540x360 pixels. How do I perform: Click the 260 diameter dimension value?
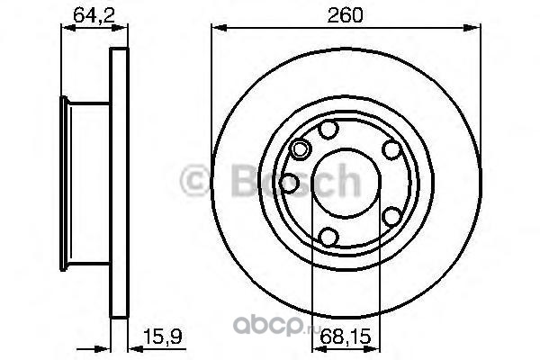pyautogui.click(x=345, y=15)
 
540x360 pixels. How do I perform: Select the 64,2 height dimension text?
pyautogui.click(x=94, y=15)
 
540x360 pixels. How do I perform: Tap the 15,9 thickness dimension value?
pyautogui.click(x=162, y=337)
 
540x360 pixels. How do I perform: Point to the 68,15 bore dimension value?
pyautogui.click(x=346, y=337)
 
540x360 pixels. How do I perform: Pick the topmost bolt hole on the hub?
pyautogui.click(x=328, y=130)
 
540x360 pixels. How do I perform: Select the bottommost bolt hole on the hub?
pyautogui.click(x=328, y=237)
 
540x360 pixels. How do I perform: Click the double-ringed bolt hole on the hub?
pyautogui.click(x=301, y=149)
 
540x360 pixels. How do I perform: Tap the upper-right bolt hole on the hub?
pyautogui.click(x=391, y=150)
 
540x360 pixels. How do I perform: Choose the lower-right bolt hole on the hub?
pyautogui.click(x=391, y=216)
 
